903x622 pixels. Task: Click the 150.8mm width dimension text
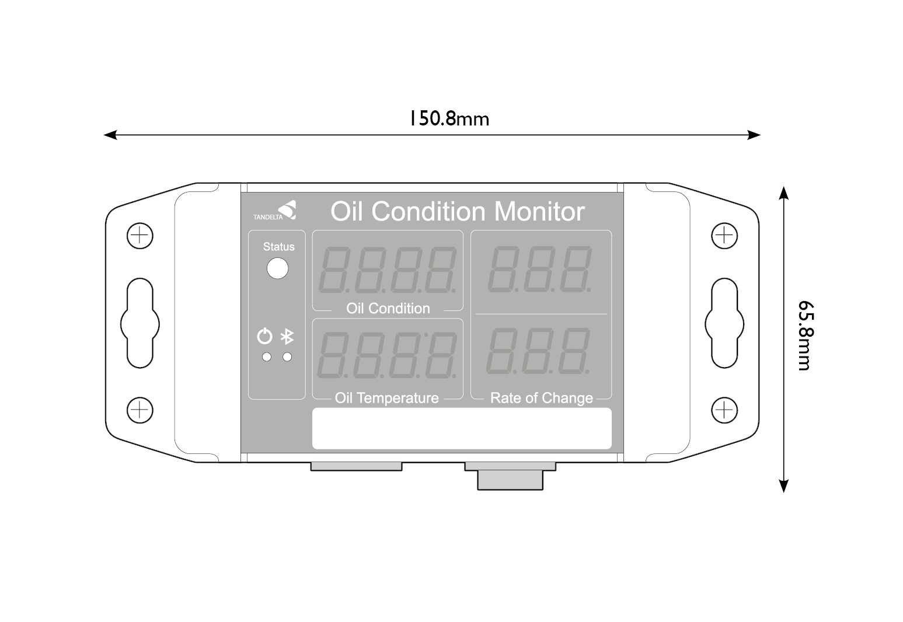coord(448,118)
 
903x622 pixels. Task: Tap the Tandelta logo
coord(275,211)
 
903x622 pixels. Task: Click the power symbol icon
coord(265,337)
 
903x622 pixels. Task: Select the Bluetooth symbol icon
coord(287,337)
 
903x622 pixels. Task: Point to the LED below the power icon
coord(267,357)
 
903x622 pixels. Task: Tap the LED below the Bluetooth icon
coord(287,357)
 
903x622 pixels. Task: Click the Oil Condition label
coord(388,308)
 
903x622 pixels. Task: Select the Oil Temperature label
coord(386,398)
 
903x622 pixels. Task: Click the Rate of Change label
coord(542,398)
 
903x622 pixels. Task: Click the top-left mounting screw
coord(140,236)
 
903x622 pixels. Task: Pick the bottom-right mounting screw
coord(724,410)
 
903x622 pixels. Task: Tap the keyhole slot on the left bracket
coord(140,323)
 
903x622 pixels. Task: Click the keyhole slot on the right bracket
coord(724,323)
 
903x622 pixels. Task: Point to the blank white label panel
coord(462,428)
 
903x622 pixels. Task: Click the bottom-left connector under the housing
coord(356,466)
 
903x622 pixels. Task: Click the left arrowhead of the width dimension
coord(109,135)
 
